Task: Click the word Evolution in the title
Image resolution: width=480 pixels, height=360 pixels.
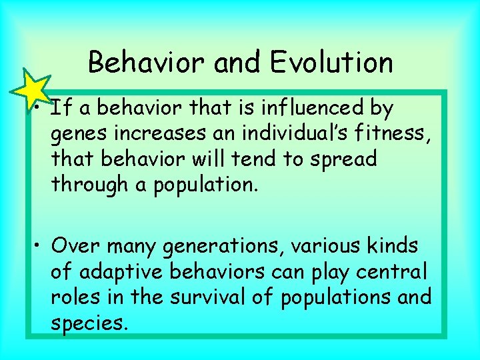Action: coord(331,63)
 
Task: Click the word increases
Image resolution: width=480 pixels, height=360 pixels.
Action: coord(165,133)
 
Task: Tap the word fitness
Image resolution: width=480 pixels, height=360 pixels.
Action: coord(397,133)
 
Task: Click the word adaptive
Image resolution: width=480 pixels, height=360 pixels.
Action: coord(122,272)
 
